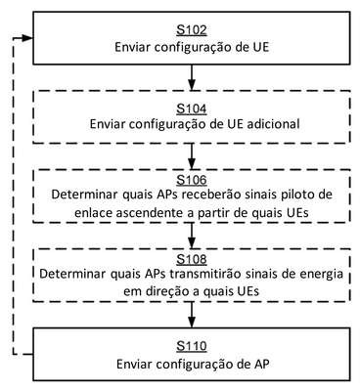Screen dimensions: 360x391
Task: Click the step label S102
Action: tap(192, 30)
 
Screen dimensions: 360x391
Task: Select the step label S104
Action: tap(192, 109)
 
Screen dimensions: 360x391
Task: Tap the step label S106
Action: tap(192, 180)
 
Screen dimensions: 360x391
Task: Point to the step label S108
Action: tap(192, 259)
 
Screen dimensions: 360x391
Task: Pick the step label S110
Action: tap(192, 346)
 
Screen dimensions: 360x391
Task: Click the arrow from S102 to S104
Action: tap(192, 77)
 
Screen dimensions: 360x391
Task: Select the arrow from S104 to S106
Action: tap(192, 156)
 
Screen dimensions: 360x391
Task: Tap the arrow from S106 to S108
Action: tap(192, 236)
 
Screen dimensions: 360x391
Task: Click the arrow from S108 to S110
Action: tap(192, 315)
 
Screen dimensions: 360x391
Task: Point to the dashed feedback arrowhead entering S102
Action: tap(28, 38)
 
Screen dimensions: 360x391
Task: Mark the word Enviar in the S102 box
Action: tap(132, 47)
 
